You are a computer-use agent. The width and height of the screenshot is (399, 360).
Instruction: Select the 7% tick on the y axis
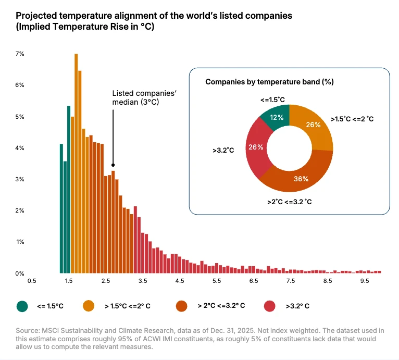[x=20, y=54]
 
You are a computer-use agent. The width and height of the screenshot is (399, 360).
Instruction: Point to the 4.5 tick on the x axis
[x=180, y=281]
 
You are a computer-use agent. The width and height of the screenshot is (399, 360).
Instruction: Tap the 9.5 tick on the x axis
[x=365, y=281]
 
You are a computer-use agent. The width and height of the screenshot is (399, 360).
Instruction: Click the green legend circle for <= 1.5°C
[x=22, y=306]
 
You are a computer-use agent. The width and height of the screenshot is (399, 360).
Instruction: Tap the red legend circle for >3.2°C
[x=270, y=306]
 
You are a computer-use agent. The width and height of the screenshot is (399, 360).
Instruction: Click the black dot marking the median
[x=113, y=165]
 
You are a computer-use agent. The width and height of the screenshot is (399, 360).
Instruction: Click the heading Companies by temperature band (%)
[x=269, y=82]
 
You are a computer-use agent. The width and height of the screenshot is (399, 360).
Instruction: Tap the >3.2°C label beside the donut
[x=223, y=150]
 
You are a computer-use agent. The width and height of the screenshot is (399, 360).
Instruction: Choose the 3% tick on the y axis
[x=20, y=179]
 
